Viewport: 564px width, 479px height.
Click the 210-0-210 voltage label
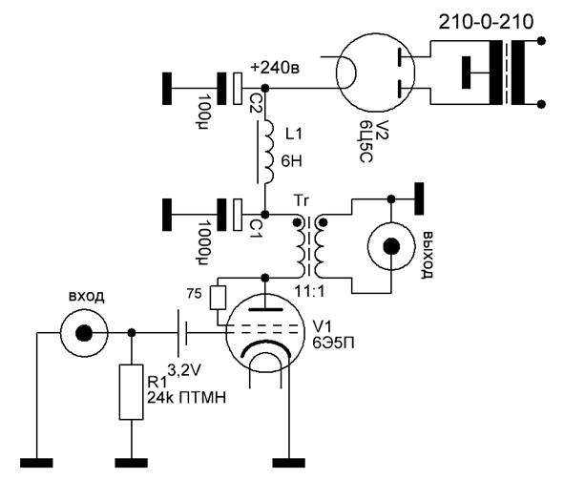click(x=486, y=22)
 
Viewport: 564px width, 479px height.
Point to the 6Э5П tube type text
click(x=333, y=344)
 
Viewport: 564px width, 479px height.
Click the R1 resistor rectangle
click(x=132, y=392)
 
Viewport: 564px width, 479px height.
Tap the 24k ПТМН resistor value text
click(x=187, y=398)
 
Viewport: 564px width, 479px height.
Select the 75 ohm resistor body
click(x=218, y=298)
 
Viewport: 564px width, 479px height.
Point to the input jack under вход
click(x=84, y=333)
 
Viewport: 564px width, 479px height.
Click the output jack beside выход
click(x=391, y=246)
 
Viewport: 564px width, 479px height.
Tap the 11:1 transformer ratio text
click(x=310, y=291)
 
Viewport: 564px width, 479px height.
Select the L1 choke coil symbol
click(x=269, y=152)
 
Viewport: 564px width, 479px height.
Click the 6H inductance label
click(x=291, y=161)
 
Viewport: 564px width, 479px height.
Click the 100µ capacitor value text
click(x=204, y=112)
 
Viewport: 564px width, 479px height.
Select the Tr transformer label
click(x=301, y=200)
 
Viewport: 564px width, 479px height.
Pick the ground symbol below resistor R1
click(x=132, y=463)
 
